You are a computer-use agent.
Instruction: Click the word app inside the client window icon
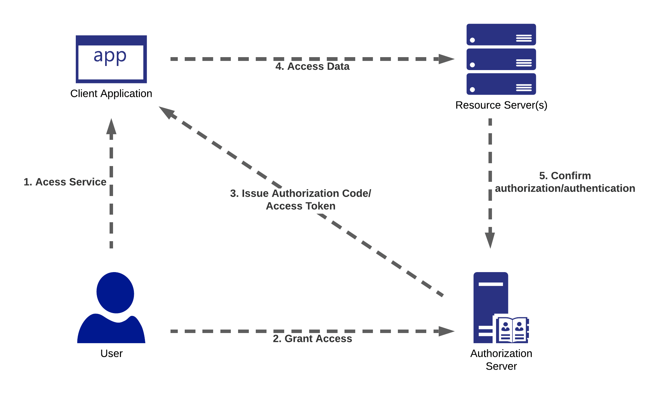coord(110,57)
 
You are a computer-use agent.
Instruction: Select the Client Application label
coord(111,93)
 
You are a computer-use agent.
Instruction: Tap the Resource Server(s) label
coord(501,105)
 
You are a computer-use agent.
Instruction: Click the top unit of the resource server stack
coord(501,34)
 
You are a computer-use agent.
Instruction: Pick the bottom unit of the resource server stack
coord(501,84)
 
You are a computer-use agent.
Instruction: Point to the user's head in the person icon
coord(115,293)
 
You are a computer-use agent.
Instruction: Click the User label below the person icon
coord(111,353)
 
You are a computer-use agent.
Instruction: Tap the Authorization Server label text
coord(501,360)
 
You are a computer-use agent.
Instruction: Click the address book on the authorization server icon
coord(512,330)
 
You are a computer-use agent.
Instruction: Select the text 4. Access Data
coord(312,67)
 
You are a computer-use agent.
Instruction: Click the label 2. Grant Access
coord(312,339)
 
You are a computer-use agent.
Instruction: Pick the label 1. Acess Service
coord(65,182)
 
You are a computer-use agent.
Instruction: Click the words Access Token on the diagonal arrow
coord(301,206)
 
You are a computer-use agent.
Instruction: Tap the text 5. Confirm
coord(565,176)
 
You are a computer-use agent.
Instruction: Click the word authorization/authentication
coord(565,188)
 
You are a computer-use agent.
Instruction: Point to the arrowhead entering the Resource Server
coord(446,59)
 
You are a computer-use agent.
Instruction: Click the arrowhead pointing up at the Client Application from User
coord(111,127)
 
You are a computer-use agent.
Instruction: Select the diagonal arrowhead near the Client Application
coord(167,112)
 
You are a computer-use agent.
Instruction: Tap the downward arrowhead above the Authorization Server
coord(490,240)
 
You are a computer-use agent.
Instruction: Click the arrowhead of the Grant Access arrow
coord(446,331)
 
